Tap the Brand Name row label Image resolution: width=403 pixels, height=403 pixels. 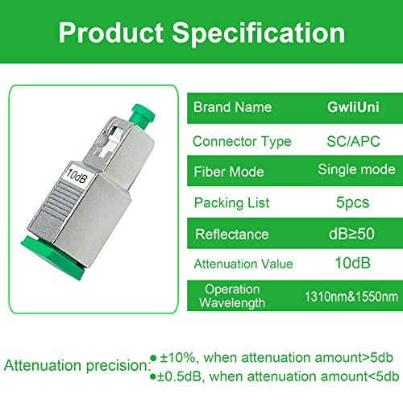[x=233, y=107]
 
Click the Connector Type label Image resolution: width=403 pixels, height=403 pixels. [x=242, y=141]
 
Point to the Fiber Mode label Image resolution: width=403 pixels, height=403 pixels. [x=231, y=172]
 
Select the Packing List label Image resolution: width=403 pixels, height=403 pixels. [x=232, y=202]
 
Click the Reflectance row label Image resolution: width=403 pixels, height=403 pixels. [x=232, y=235]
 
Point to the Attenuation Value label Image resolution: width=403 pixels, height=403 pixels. [x=243, y=264]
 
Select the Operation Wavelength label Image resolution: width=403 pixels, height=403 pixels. [x=232, y=296]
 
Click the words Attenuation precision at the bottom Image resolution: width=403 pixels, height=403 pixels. [x=74, y=365]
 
